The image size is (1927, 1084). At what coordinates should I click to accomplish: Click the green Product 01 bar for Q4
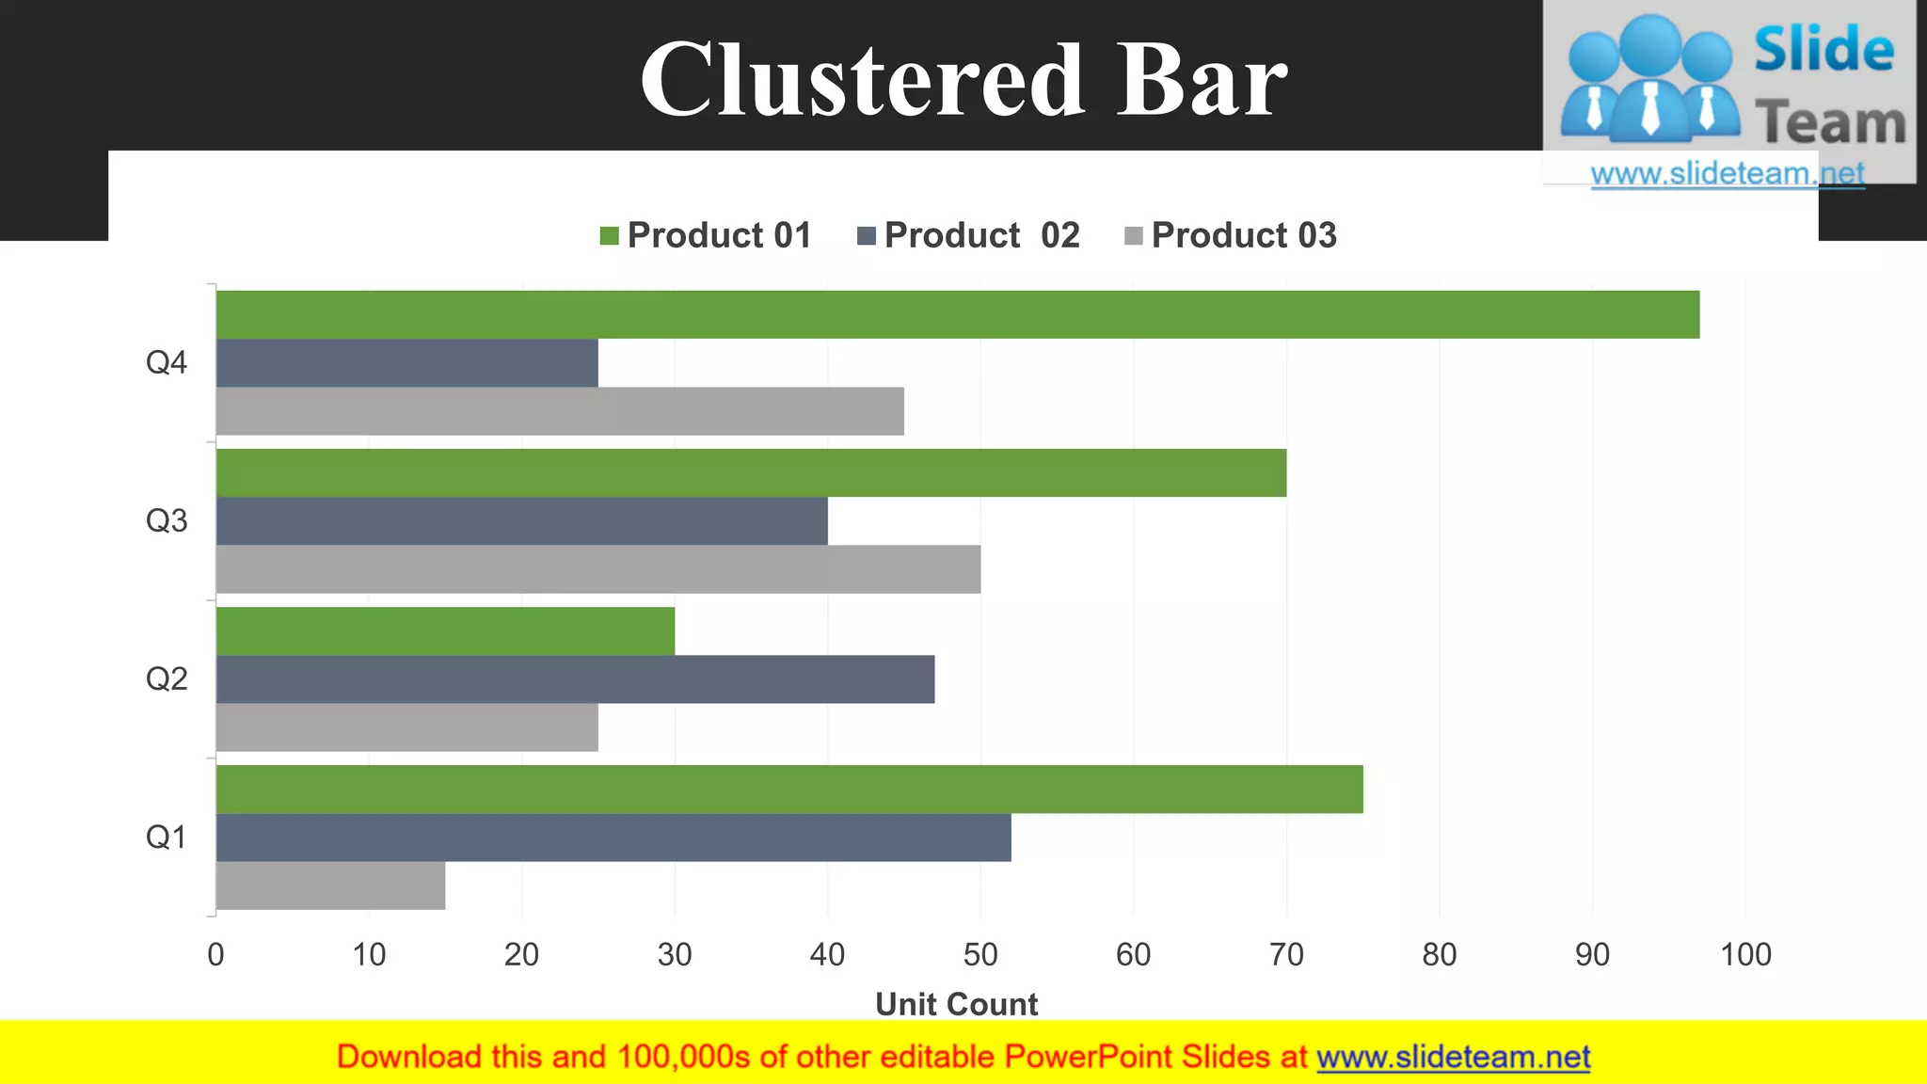957,314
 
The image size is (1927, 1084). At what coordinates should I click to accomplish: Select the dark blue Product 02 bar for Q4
406,363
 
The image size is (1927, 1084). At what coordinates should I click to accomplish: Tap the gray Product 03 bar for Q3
597,569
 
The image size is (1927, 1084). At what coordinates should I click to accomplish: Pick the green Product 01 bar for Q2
445,631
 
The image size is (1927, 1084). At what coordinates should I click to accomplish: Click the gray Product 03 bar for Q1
330,885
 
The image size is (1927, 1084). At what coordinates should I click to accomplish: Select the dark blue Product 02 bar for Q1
613,837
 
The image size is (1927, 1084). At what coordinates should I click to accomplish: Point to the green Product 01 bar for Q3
751,473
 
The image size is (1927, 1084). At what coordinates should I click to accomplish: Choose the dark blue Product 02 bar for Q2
575,679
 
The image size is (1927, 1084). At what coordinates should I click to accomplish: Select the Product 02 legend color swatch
867,235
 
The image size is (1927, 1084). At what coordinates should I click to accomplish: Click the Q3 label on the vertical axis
167,520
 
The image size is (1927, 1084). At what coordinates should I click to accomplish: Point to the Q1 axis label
167,837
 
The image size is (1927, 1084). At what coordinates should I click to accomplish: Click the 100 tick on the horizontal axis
1745,955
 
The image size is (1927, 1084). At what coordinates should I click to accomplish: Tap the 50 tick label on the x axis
980,955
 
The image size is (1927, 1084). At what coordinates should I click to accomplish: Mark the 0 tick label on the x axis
215,955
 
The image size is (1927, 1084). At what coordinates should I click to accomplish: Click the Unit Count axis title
956,1004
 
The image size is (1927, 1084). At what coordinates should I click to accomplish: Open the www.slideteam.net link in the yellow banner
1453,1057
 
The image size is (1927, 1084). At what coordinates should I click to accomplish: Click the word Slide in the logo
1823,49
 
